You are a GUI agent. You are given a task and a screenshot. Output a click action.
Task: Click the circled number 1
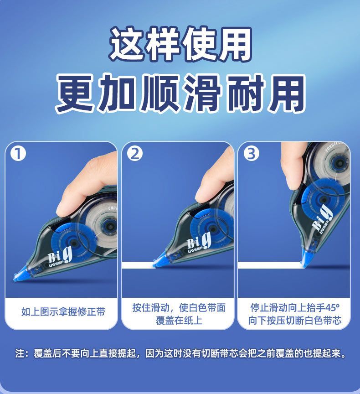pyautogui.click(x=18, y=154)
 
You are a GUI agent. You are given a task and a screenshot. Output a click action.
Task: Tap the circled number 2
pyautogui.click(x=134, y=154)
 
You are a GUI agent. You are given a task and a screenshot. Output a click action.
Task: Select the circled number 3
pyautogui.click(x=251, y=154)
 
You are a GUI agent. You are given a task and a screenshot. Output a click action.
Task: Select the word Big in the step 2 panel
pyautogui.click(x=199, y=240)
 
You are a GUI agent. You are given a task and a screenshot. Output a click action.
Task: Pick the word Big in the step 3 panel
pyautogui.click(x=323, y=218)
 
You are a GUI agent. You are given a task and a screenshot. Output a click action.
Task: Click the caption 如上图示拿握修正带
pyautogui.click(x=63, y=312)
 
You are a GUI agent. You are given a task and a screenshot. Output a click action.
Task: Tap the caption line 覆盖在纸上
pyautogui.click(x=179, y=321)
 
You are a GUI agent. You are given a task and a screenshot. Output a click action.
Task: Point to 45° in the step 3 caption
pyautogui.click(x=332, y=307)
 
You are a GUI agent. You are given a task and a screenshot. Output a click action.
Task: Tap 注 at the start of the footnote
pyautogui.click(x=20, y=353)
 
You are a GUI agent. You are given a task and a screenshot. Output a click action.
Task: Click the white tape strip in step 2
pyautogui.click(x=138, y=265)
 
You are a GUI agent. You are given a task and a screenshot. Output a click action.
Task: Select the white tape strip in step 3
pyautogui.click(x=270, y=265)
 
